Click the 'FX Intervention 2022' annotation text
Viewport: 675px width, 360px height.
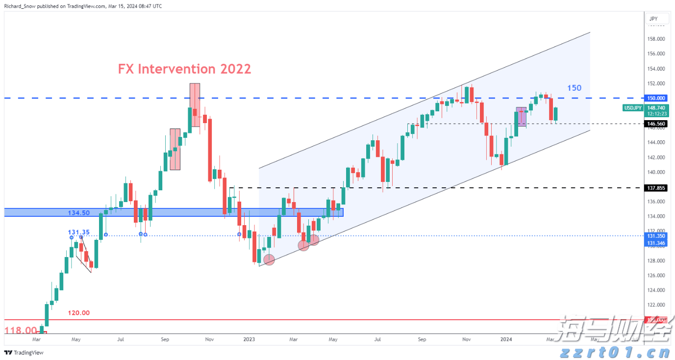184,69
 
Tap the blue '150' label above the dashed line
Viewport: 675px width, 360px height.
574,88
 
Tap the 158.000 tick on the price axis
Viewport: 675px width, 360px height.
656,39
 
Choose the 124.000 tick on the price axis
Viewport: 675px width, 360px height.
656,290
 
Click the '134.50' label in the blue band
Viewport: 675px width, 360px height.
78,212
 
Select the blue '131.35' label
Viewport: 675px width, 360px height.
78,232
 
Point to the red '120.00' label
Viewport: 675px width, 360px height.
79,313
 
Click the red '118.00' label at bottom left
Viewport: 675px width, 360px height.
20,331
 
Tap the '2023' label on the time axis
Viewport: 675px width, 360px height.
249,339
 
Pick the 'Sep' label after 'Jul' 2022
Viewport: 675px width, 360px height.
165,339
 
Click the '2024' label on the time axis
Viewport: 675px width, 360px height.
506,339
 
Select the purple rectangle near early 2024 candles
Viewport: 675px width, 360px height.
521,117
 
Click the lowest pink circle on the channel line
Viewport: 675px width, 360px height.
269,260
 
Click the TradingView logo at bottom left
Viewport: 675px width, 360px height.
24,353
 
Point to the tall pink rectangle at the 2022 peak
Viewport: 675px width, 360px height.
195,104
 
